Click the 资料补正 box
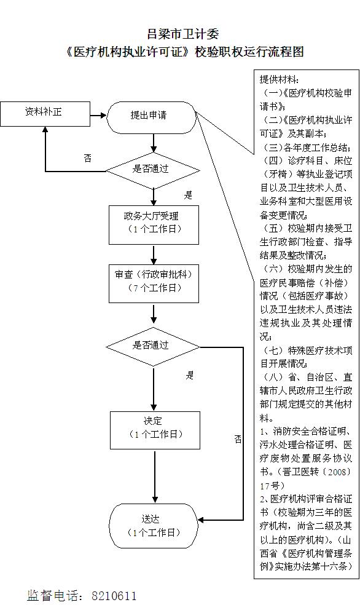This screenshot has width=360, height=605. [x=45, y=114]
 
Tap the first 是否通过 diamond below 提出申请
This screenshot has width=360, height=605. [x=153, y=170]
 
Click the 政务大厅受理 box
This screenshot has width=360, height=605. [x=154, y=225]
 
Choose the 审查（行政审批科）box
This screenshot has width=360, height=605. [x=154, y=283]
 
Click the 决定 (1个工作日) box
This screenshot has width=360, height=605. [x=155, y=430]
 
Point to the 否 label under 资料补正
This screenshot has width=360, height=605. [x=87, y=158]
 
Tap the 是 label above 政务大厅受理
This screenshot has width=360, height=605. [x=188, y=195]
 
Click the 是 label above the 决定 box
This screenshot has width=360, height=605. [x=190, y=375]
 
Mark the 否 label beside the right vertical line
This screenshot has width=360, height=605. [x=238, y=439]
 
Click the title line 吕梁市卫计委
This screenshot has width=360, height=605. [x=183, y=34]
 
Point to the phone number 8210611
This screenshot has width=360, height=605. [x=114, y=596]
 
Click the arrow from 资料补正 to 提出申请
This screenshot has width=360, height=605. [x=98, y=115]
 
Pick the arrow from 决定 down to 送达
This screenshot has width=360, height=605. [x=155, y=476]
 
